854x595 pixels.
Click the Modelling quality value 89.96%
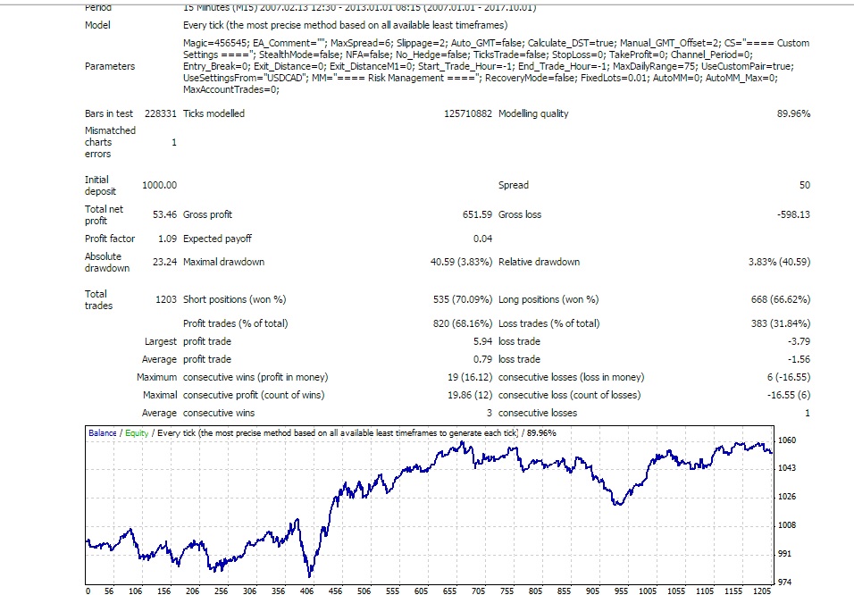[793, 113]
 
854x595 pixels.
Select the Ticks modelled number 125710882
[468, 113]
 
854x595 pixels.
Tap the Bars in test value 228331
[161, 113]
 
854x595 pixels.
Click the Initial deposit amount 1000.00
[160, 185]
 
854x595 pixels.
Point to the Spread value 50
[805, 185]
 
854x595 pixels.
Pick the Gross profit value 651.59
[478, 214]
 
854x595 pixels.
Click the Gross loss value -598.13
[793, 214]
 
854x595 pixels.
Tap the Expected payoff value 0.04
[483, 239]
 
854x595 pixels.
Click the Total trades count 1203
[166, 299]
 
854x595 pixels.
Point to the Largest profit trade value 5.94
[483, 341]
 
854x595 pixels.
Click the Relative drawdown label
[540, 262]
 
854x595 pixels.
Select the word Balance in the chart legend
[103, 433]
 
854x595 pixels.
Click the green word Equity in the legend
[137, 433]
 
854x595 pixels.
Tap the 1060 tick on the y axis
[787, 440]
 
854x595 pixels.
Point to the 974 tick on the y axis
[785, 582]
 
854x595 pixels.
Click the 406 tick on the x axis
[306, 591]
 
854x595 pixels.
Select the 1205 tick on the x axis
[762, 591]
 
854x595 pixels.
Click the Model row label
[97, 25]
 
